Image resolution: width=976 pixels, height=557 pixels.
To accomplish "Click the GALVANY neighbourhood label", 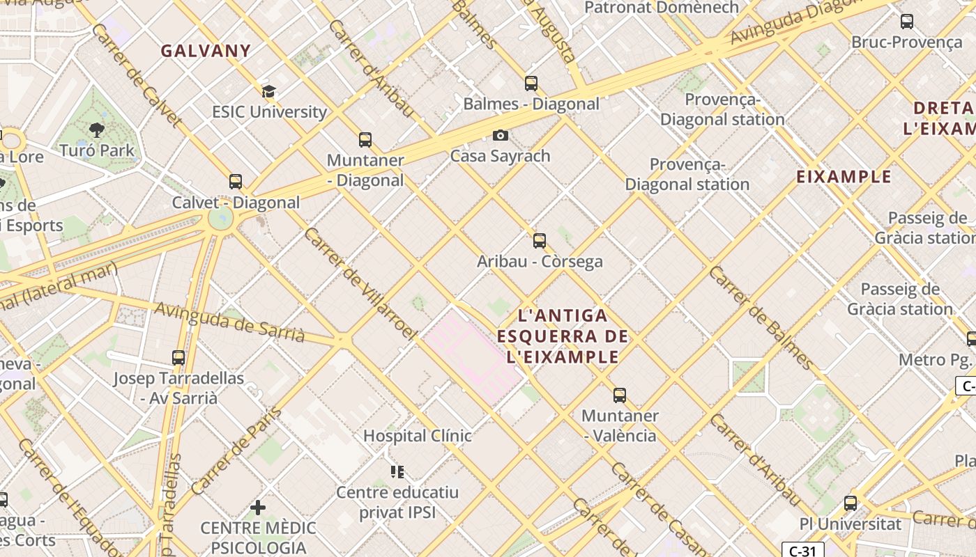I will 206,51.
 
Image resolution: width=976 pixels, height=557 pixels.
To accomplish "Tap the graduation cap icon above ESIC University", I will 268,91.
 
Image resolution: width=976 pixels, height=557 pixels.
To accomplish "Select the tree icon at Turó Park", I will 97,130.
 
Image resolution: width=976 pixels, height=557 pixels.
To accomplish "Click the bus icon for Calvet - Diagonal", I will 236,182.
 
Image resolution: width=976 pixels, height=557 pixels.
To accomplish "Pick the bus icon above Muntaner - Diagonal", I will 365,140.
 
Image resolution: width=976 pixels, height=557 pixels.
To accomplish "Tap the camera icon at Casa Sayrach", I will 500,136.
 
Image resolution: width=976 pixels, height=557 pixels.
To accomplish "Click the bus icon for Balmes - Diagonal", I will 531,84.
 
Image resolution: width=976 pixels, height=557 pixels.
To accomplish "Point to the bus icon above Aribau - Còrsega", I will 540,242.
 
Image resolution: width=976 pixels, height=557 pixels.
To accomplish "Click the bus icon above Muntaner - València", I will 620,395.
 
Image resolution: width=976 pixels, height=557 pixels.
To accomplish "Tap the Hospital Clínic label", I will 418,436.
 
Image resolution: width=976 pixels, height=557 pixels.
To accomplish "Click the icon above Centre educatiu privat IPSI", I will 397,472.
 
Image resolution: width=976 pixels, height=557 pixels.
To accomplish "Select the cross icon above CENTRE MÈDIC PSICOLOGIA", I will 258,507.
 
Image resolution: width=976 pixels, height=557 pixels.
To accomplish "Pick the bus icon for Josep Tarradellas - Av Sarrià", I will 178,358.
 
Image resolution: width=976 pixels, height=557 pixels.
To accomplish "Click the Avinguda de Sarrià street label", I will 229,322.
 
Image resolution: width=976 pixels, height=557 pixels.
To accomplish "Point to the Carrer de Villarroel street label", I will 360,283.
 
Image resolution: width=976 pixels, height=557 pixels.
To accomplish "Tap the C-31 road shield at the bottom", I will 802,551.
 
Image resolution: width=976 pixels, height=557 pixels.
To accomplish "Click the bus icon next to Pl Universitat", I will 851,503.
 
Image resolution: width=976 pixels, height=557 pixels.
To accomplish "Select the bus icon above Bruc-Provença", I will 906,22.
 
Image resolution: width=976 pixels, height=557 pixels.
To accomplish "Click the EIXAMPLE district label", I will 844,177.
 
